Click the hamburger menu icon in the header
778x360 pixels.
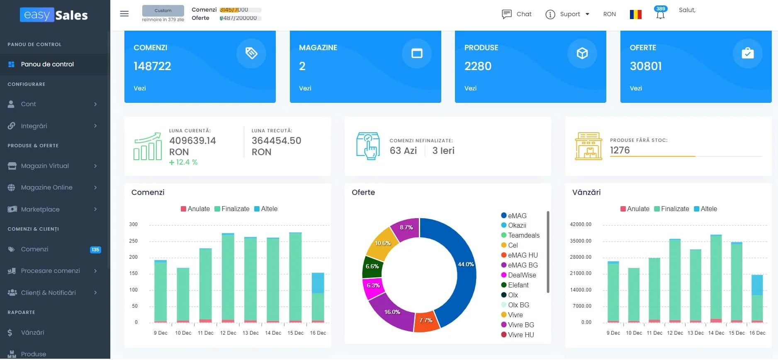click(124, 14)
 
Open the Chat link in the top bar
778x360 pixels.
click(517, 14)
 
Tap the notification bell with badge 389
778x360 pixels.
click(660, 15)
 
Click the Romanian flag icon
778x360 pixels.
click(635, 14)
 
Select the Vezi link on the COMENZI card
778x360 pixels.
click(140, 88)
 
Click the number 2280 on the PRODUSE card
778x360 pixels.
click(478, 66)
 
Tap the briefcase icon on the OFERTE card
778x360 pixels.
click(747, 54)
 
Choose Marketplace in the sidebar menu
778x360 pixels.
click(40, 209)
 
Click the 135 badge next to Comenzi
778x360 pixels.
click(95, 250)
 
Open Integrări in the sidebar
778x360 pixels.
click(34, 126)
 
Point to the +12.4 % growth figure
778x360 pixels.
click(183, 162)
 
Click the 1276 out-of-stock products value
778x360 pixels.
click(620, 150)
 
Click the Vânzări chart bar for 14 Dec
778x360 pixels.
click(716, 278)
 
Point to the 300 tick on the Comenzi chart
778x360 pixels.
click(133, 224)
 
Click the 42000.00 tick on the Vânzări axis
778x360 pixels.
click(581, 224)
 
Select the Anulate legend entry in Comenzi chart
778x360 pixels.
click(195, 209)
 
